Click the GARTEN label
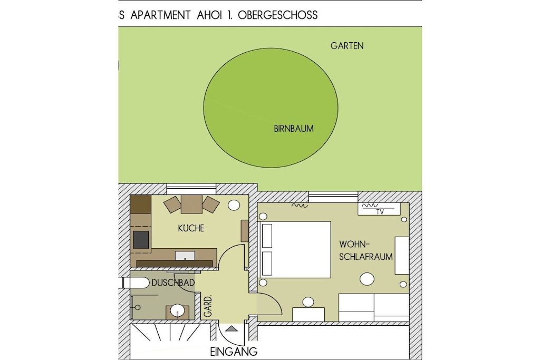(347, 46)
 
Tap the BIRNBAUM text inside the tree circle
(294, 129)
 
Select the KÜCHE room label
(191, 228)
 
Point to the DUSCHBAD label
(173, 283)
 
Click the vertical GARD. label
(208, 306)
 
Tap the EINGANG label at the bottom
(234, 352)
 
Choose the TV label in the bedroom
(380, 212)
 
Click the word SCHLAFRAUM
(366, 257)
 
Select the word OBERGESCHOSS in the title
(277, 15)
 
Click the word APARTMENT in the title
(160, 15)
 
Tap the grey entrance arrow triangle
(232, 328)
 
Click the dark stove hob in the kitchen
(141, 239)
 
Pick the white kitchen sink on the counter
(185, 256)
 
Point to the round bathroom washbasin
(178, 310)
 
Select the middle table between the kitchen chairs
(191, 204)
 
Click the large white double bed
(295, 249)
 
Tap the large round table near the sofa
(367, 279)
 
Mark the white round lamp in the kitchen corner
(234, 205)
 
